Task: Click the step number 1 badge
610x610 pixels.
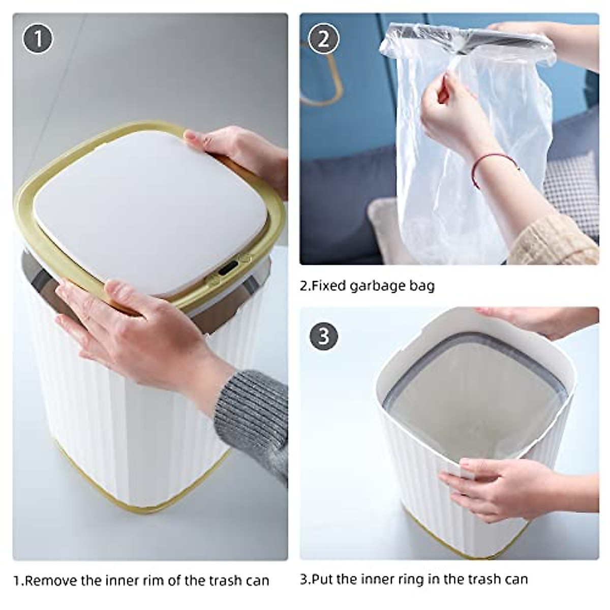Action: click(x=38, y=39)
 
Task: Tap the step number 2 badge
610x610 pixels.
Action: click(x=323, y=40)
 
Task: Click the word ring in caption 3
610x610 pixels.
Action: click(x=414, y=570)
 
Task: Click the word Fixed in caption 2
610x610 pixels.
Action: click(x=324, y=286)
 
